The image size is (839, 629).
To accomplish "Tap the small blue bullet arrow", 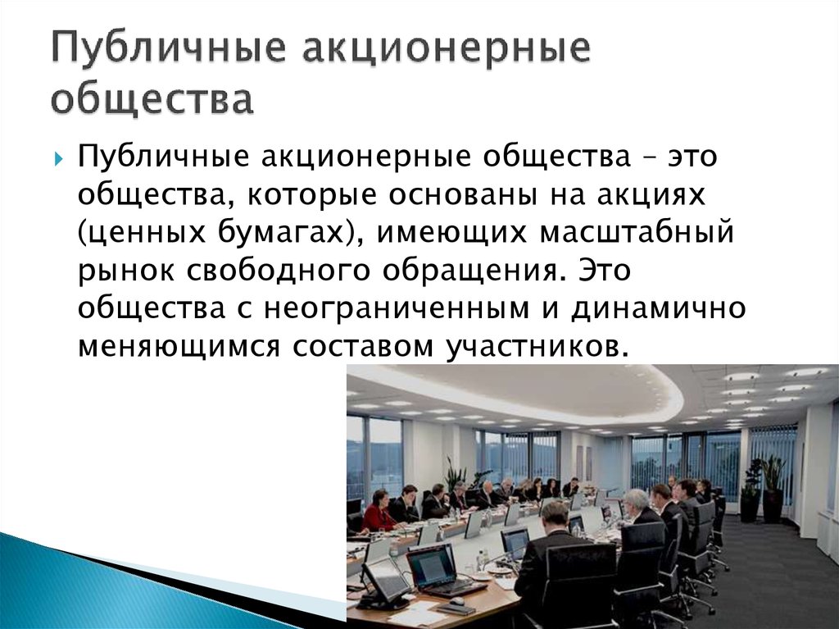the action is pos(58,159).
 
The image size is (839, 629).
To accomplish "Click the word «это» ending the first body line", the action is pos(692,157).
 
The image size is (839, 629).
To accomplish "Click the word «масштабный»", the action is pos(636,235).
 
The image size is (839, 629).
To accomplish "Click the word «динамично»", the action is pos(658,309).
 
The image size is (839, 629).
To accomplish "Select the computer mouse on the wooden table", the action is pos(456,601).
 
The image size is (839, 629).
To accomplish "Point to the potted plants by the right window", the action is pos(764,488).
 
